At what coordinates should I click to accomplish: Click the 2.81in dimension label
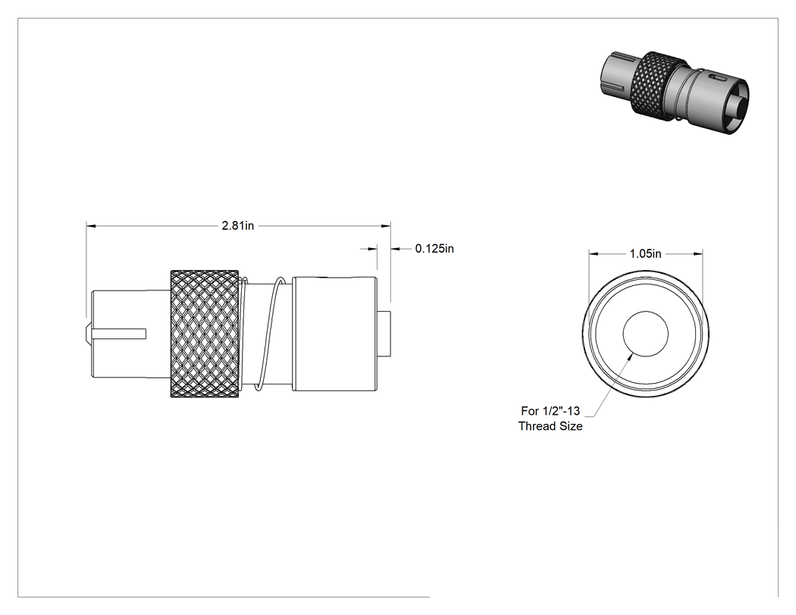[x=237, y=225]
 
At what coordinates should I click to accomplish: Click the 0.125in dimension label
[x=434, y=248]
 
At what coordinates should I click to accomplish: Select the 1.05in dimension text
[x=646, y=253]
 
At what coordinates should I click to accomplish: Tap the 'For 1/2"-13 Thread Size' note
[x=550, y=419]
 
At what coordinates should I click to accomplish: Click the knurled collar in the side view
[x=205, y=334]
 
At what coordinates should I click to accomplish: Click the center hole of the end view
[x=646, y=334]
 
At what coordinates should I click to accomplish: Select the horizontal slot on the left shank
[x=120, y=334]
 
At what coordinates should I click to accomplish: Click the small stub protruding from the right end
[x=384, y=334]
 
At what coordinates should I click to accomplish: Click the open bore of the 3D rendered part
[x=736, y=107]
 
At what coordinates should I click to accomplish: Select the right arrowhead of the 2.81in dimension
[x=387, y=225]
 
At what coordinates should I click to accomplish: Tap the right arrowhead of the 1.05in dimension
[x=698, y=253]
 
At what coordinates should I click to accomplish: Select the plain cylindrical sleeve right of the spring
[x=334, y=334]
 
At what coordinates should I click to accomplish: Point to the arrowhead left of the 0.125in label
[x=372, y=248]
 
